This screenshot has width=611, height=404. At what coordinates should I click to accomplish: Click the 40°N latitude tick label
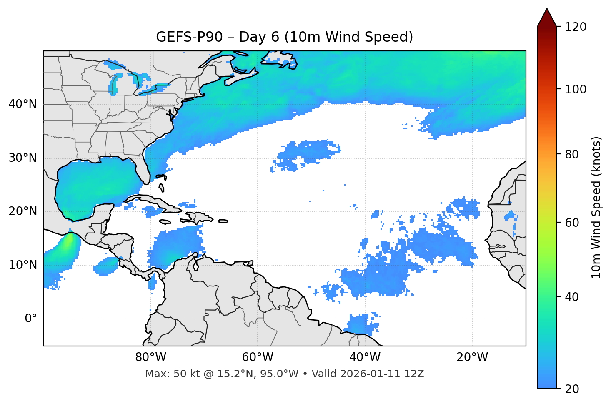(23, 104)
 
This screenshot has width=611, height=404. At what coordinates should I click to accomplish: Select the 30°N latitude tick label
(23, 158)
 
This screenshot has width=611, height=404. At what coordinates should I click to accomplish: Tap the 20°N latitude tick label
(23, 211)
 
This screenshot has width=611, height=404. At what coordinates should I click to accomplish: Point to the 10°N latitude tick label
(23, 265)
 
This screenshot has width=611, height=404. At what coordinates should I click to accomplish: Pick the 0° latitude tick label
(31, 319)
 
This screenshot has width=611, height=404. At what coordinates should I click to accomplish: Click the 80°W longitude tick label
(151, 357)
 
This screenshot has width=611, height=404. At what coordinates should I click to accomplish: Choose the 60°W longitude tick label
(258, 357)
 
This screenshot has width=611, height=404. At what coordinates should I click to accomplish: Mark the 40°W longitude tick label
(365, 357)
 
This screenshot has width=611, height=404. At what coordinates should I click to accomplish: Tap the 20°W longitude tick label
(472, 357)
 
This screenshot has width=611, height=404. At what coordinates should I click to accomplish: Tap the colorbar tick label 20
(571, 389)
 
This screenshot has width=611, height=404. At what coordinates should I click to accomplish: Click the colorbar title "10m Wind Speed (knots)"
(596, 207)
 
